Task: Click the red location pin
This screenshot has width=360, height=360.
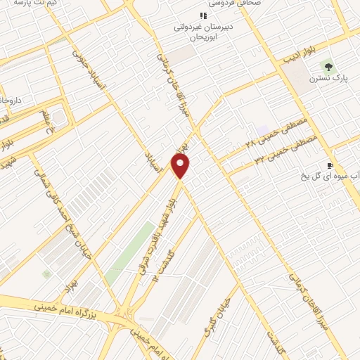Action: [181, 166]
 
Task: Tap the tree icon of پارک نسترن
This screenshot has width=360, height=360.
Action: [326, 66]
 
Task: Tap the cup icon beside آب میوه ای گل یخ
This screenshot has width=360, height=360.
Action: [330, 165]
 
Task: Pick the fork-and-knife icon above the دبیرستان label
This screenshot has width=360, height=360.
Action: [203, 15]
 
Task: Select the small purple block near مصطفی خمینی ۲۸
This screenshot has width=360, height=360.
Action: [263, 131]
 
